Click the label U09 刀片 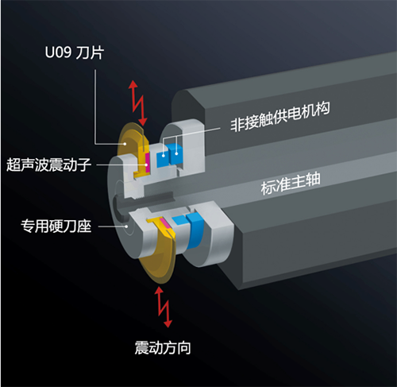[75, 52]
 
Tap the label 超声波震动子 [49, 164]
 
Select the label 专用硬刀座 [56, 226]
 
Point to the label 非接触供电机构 [280, 117]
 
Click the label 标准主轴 [291, 184]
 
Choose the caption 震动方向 [163, 347]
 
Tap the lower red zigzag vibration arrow [164, 307]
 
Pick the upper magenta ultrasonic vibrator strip [148, 161]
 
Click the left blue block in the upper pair [163, 158]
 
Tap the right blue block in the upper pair [176, 153]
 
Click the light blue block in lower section [179, 220]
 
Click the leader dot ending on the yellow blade [125, 144]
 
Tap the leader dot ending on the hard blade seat [127, 226]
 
